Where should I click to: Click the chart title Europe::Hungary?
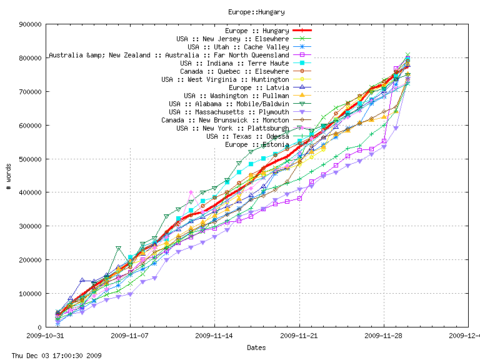pos(256,11)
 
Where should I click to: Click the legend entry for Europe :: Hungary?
pos(257,31)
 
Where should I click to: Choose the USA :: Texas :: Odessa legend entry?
pos(247,136)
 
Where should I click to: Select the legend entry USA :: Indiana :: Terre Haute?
pos(234,63)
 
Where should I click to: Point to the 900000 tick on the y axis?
pos(31,24)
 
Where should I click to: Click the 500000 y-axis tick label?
pos(31,159)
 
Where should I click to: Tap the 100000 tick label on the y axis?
pos(31,293)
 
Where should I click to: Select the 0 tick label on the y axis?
pos(39,327)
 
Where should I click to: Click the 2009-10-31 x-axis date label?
pos(46,336)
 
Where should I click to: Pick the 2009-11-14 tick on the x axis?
pos(214,336)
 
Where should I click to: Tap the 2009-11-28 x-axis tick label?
pos(384,336)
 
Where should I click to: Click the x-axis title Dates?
pos(256,347)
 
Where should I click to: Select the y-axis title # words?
pos(9,176)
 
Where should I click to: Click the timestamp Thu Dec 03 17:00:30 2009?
pos(52,356)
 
